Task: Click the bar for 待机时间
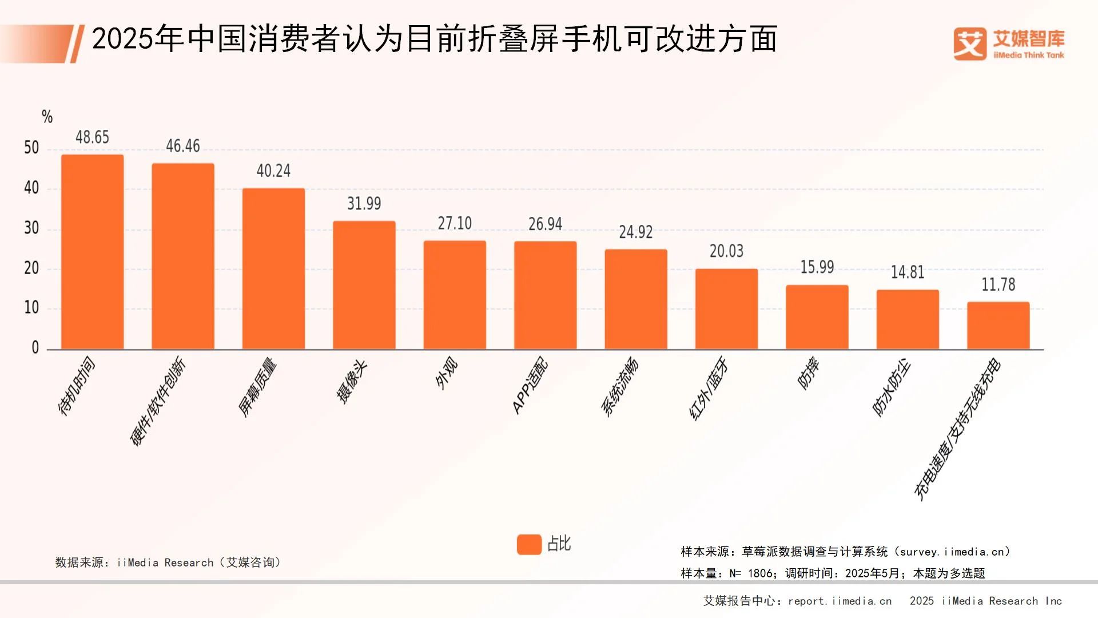tap(92, 252)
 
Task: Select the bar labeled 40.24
tap(273, 269)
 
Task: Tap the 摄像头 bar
tap(364, 285)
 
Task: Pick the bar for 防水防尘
tap(908, 319)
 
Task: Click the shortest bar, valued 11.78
tap(998, 325)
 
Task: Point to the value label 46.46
tap(183, 146)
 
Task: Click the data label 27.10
tap(455, 223)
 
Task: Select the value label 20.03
tap(726, 251)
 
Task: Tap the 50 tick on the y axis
tap(31, 148)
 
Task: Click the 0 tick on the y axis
tap(35, 347)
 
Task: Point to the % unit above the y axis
tap(47, 117)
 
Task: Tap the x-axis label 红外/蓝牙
tap(709, 388)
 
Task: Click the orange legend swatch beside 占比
tap(529, 544)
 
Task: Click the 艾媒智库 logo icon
tap(970, 44)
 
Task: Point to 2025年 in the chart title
tap(137, 39)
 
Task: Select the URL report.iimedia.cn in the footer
tap(840, 601)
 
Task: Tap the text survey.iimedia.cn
tap(952, 552)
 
